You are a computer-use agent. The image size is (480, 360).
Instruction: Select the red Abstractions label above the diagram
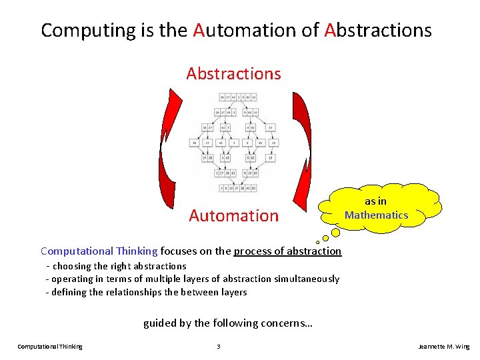tap(233, 73)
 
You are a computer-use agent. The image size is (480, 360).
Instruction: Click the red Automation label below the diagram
tap(233, 216)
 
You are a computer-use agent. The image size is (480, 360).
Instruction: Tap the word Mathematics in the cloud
tap(377, 215)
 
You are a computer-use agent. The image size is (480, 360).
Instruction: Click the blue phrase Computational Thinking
tap(99, 251)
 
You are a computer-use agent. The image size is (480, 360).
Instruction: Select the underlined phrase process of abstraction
tap(287, 251)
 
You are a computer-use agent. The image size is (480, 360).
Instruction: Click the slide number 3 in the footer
tap(218, 347)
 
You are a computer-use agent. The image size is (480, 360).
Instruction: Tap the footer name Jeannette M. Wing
tap(443, 347)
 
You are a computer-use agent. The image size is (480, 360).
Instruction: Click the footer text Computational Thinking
tap(50, 347)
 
